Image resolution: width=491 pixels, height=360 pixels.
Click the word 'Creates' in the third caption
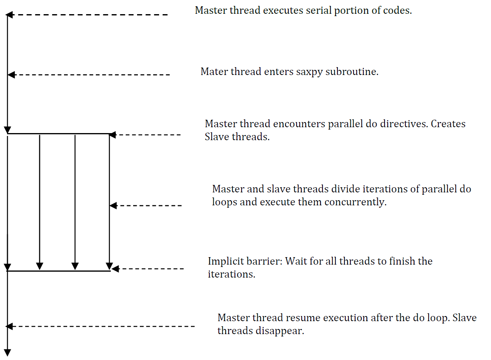click(x=448, y=124)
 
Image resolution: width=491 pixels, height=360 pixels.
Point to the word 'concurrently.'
click(x=355, y=202)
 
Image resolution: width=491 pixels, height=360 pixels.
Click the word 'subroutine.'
click(x=352, y=72)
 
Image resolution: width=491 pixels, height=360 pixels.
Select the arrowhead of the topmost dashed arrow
click(x=9, y=15)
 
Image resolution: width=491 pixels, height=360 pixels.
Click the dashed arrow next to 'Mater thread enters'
click(x=89, y=75)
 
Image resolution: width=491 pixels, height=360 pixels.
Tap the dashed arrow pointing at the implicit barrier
click(x=148, y=269)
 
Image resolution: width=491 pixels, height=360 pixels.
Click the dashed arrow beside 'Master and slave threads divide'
click(x=146, y=206)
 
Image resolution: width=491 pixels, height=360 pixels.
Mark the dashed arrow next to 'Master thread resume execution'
click(x=100, y=326)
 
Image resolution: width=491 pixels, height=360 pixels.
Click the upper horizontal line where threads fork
click(x=59, y=133)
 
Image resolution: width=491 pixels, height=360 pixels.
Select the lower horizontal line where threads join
click(x=59, y=271)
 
